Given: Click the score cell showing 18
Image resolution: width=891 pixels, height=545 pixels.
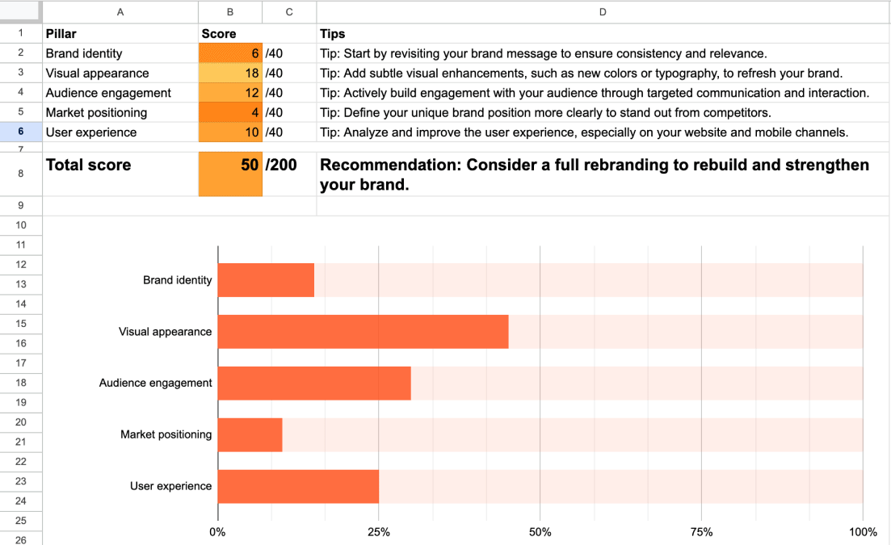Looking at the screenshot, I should click(x=230, y=73).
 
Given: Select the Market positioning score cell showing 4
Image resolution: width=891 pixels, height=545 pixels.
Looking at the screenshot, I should click(x=230, y=112).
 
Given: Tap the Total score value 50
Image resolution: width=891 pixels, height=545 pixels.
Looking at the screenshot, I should click(x=230, y=166).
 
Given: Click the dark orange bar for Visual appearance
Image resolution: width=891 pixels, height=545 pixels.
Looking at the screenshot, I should click(x=363, y=332).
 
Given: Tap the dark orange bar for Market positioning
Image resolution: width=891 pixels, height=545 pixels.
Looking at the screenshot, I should click(x=250, y=434).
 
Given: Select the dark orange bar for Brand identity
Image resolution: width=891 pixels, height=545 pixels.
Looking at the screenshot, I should click(x=266, y=280).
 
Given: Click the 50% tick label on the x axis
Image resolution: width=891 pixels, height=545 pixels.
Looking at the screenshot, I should click(x=540, y=532).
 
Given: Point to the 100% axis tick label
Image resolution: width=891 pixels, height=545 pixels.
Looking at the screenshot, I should click(x=863, y=532).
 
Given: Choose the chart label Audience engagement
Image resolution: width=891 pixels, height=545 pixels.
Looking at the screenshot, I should click(x=156, y=383).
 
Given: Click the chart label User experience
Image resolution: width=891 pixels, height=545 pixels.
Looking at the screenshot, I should click(x=171, y=486).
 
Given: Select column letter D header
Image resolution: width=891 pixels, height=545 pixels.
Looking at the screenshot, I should click(x=603, y=11).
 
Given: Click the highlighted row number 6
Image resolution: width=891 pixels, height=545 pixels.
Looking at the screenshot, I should click(x=21, y=132).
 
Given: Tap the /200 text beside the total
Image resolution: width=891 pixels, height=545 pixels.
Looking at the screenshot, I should click(x=281, y=166).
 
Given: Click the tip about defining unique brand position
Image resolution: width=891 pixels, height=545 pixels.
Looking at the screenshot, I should click(x=545, y=112).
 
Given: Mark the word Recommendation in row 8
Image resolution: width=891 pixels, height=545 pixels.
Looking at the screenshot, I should click(x=389, y=166).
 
